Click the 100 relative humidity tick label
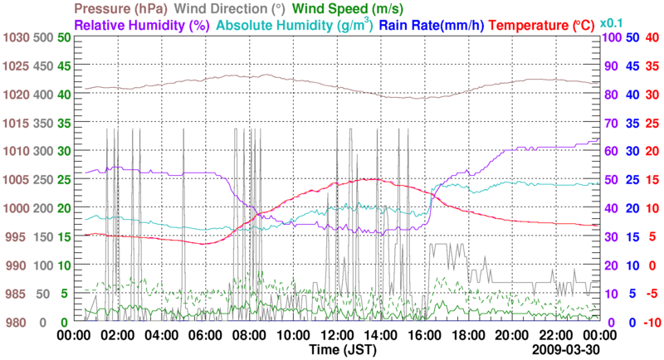tap(611, 38)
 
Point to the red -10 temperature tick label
tap(651, 322)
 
